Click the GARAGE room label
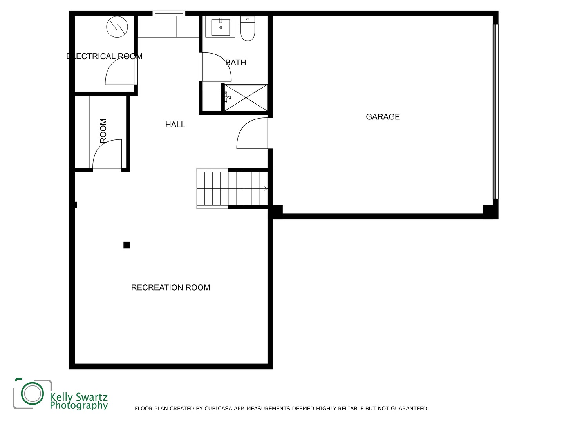pyautogui.click(x=383, y=117)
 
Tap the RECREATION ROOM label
pyautogui.click(x=170, y=287)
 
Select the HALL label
pyautogui.click(x=175, y=125)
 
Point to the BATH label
pyautogui.click(x=236, y=62)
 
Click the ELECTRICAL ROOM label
pyautogui.click(x=104, y=56)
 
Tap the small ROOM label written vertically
pyautogui.click(x=103, y=131)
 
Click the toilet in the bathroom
pyautogui.click(x=248, y=29)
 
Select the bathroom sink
pyautogui.click(x=221, y=27)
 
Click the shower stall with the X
pyautogui.click(x=246, y=98)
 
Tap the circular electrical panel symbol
pyautogui.click(x=117, y=27)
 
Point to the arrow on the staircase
pyautogui.click(x=265, y=188)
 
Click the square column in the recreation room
pyautogui.click(x=127, y=245)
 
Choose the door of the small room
pyautogui.click(x=107, y=155)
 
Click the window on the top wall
pyautogui.click(x=169, y=13)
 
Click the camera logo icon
pyautogui.click(x=32, y=393)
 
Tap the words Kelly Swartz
pyautogui.click(x=79, y=397)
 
